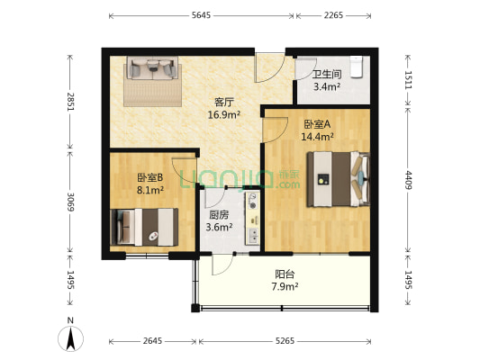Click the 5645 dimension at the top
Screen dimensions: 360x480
pos(201,16)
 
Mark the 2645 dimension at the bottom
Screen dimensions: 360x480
pos(152,341)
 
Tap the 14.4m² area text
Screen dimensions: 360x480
pos(319,137)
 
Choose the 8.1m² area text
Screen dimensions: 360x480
pos(150,190)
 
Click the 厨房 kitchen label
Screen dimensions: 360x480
pos(219,215)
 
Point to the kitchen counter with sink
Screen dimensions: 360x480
pos(253,217)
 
